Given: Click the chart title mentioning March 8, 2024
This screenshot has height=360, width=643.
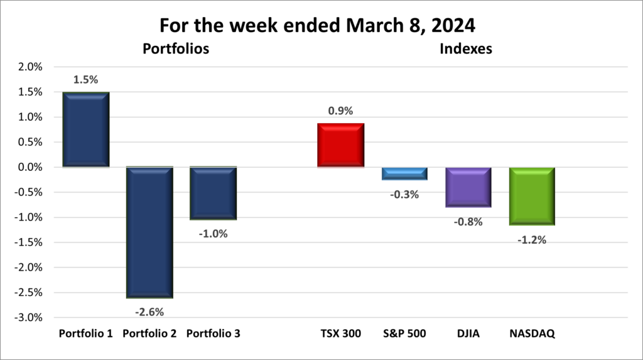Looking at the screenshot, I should [x=321, y=26].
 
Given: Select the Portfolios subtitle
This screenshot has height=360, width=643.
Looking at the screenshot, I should [x=176, y=48].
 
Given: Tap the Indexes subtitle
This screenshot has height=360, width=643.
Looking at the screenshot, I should [x=465, y=48].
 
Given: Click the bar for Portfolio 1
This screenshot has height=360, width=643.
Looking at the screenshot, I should [x=86, y=129].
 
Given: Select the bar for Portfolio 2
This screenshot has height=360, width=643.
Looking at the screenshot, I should [x=150, y=232].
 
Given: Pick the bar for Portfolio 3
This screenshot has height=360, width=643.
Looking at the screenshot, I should [x=213, y=193].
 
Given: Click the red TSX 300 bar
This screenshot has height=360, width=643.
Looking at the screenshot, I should [x=341, y=145].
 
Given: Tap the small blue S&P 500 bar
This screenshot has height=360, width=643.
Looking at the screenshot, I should [x=404, y=173].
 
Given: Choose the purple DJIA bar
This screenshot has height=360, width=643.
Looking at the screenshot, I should [x=468, y=187].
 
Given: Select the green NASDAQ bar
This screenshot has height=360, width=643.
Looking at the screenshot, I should [x=532, y=196].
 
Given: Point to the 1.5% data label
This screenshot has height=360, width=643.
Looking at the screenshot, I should [x=86, y=80].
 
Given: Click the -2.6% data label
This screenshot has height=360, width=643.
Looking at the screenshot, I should [x=149, y=311].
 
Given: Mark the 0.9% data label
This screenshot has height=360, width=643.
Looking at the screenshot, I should [x=341, y=111].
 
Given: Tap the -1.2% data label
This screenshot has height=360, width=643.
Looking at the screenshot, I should [x=532, y=239].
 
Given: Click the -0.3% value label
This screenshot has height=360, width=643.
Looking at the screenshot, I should [x=405, y=194].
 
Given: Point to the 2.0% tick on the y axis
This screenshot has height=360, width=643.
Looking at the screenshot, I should [x=28, y=67].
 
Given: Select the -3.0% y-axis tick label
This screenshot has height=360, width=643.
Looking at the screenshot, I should [x=27, y=318].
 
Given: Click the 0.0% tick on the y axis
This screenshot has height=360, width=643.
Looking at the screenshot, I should [x=28, y=168].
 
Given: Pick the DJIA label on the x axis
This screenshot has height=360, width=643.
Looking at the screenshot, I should [x=468, y=334].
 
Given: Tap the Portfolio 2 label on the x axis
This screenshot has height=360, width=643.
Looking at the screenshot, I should [x=150, y=334].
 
